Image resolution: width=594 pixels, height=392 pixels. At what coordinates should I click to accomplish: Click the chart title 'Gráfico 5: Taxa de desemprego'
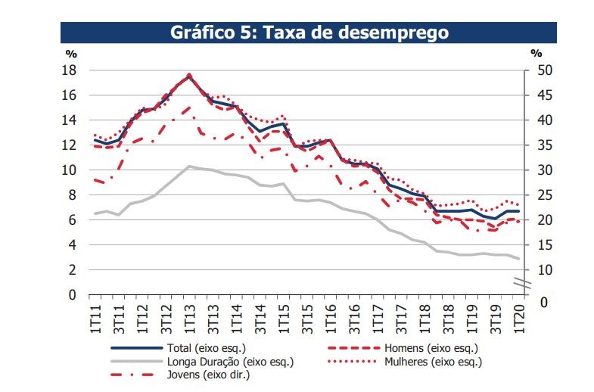pyautogui.click(x=308, y=33)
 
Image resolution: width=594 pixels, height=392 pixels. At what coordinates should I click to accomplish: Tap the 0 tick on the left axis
pyautogui.click(x=73, y=295)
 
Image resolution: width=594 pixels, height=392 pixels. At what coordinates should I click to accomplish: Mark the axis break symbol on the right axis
pyautogui.click(x=524, y=284)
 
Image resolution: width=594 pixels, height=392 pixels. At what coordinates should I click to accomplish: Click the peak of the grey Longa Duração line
pyautogui.click(x=189, y=166)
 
